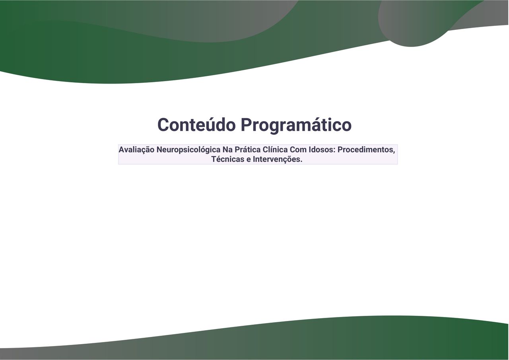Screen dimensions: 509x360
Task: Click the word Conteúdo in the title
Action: (196, 125)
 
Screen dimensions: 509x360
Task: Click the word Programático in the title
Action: (296, 126)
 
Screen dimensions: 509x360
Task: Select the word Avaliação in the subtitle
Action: (136, 150)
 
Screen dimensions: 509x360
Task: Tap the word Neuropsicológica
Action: (188, 150)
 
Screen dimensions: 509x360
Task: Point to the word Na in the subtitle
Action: (227, 150)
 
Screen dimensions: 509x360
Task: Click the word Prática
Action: (247, 150)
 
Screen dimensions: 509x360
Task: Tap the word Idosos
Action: (321, 150)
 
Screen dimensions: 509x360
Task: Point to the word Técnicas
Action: (228, 159)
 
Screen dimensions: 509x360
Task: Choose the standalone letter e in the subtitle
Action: (249, 160)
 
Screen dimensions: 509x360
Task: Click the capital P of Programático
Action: (246, 125)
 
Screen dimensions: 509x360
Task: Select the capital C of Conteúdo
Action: (163, 125)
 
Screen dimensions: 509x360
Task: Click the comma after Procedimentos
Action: (394, 153)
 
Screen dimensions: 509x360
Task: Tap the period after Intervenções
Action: (301, 162)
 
